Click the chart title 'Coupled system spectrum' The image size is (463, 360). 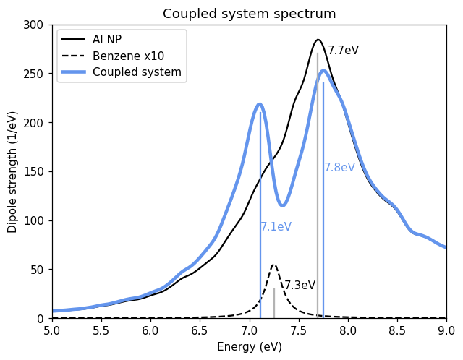point(249,14)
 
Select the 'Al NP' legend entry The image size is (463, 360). point(107,39)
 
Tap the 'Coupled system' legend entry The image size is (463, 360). point(137,72)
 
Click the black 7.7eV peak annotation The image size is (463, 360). point(343,51)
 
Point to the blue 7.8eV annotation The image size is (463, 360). point(339,168)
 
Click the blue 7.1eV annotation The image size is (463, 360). point(276,227)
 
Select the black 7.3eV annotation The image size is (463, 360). point(300,286)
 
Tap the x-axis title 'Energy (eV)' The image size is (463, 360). point(249,347)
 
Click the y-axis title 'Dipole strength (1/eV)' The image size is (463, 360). point(12,171)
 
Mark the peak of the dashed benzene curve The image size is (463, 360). point(273,265)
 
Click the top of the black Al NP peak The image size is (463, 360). point(318,40)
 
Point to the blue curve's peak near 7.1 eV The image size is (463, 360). point(260,105)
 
